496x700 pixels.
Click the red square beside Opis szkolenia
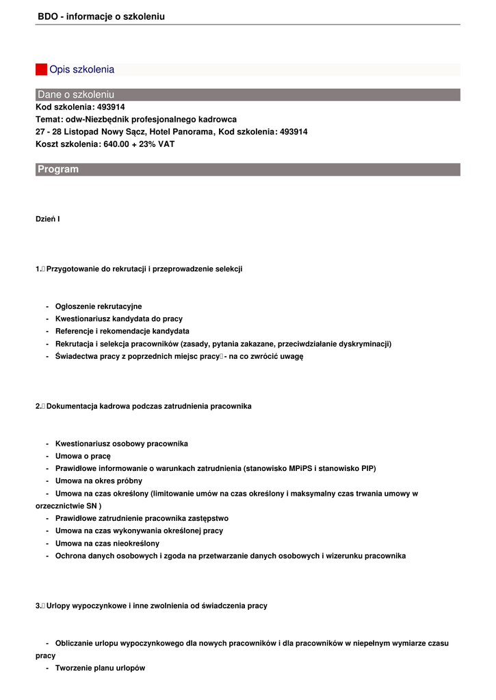[41, 70]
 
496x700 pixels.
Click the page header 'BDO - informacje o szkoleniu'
[101, 16]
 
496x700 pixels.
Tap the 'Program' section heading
[58, 170]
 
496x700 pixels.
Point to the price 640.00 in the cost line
[117, 144]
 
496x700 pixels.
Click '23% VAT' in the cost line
[159, 144]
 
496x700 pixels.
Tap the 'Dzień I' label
[48, 219]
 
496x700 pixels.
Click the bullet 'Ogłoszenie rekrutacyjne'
[99, 307]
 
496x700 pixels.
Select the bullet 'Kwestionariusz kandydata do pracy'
[119, 319]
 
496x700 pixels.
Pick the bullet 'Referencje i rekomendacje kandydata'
[122, 332]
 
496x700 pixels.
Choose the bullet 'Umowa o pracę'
[83, 456]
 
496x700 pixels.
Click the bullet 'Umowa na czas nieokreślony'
[107, 543]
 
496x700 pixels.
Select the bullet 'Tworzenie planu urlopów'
[101, 668]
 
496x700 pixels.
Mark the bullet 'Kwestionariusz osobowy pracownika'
[122, 444]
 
